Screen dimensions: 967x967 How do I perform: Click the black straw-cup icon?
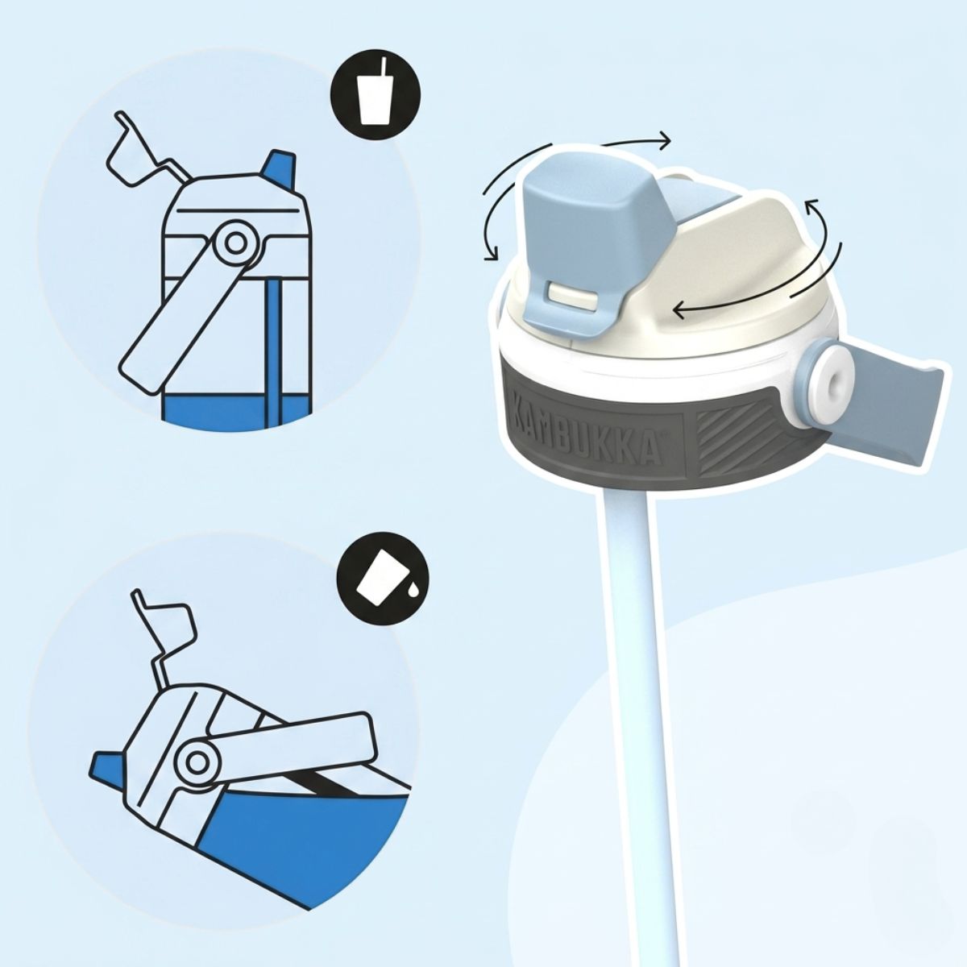[376, 93]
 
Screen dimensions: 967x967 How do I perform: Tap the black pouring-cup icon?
[384, 579]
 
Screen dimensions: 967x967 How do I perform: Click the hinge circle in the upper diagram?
[234, 243]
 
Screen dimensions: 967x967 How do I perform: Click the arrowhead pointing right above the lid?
[664, 141]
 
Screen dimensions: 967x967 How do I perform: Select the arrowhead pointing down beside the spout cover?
[490, 252]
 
